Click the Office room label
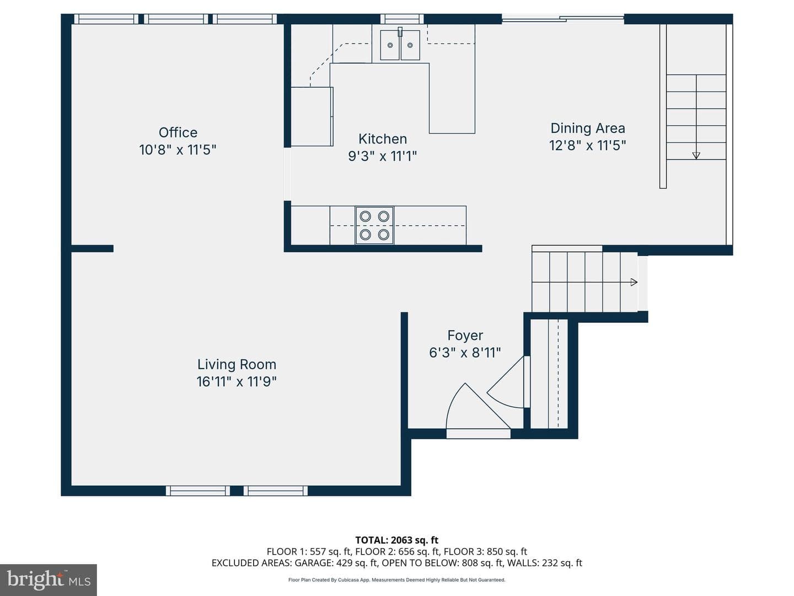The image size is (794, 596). pos(178,132)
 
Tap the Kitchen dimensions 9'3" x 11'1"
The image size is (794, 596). pos(382,156)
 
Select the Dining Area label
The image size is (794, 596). pos(588,128)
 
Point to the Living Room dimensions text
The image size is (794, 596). pos(237,381)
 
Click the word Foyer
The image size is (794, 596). pos(465,336)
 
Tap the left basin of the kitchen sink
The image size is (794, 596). pos(390,45)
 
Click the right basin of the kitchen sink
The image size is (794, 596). pos(410,45)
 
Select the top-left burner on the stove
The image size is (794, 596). pos(366,216)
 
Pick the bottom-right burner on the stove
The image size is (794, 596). pos(383,235)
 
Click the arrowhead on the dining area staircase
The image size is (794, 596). pos(696,156)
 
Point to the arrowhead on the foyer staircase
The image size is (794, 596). pos(634,282)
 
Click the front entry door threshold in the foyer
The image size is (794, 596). pos(478,434)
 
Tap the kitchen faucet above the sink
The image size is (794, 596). pos(400,32)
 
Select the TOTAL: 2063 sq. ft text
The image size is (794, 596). pos(397,540)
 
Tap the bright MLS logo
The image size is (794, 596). pos(49,580)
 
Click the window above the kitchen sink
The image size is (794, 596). pos(402,19)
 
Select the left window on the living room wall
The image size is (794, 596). pos(198,491)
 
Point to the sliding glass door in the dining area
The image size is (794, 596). pos(563,18)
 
